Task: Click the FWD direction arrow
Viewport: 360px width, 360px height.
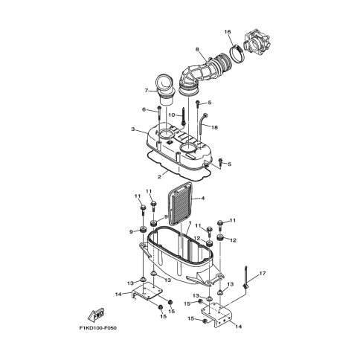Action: (96, 315)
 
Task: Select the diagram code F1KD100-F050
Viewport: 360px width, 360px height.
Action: (98, 328)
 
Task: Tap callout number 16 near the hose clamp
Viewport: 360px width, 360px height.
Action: (228, 32)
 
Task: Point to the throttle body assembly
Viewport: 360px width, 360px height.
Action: (257, 43)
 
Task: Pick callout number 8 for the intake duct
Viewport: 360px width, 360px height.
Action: (197, 49)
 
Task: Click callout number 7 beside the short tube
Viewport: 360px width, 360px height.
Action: (147, 91)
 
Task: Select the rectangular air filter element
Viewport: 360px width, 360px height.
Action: (180, 203)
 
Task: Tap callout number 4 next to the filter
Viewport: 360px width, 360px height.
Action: (203, 198)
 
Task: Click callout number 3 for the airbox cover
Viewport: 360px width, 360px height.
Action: (133, 129)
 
